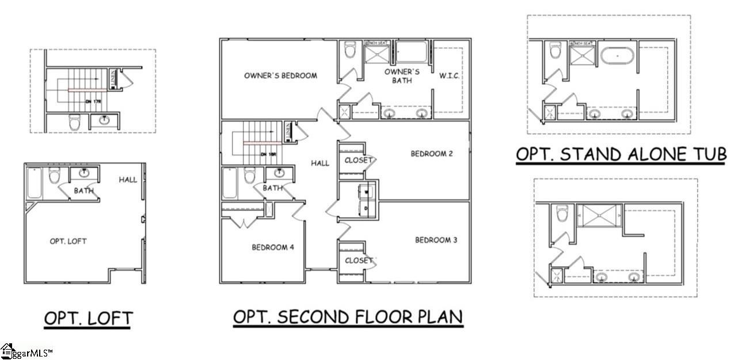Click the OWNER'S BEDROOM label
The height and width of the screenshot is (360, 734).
[280, 75]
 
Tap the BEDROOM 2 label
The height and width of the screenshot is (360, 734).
[432, 154]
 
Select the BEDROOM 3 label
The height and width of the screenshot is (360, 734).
[436, 240]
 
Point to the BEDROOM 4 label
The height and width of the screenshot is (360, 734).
[273, 248]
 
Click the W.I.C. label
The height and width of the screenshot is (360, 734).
[449, 76]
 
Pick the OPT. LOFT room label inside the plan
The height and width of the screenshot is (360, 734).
[68, 241]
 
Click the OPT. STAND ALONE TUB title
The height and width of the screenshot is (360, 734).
[621, 154]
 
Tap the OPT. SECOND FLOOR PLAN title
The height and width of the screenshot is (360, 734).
[348, 317]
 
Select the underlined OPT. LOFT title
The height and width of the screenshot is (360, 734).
[88, 318]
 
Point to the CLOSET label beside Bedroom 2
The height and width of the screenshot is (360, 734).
[359, 160]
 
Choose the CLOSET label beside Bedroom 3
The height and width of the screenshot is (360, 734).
[359, 261]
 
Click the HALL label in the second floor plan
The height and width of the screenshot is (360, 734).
[320, 163]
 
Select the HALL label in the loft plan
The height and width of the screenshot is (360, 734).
[128, 180]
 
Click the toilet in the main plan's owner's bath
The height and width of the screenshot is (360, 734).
[349, 51]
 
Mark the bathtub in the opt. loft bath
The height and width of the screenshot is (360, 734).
[34, 184]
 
